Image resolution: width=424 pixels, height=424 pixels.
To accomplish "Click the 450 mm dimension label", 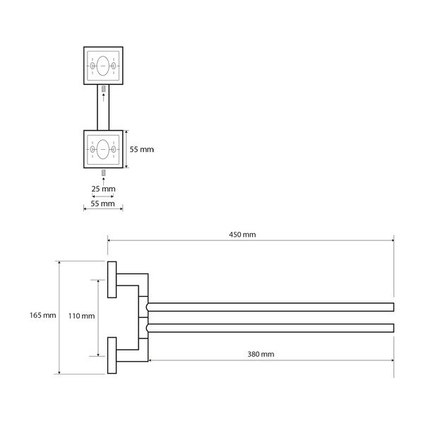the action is tap(242, 235).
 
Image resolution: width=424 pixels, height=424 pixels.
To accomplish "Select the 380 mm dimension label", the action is tap(261, 354).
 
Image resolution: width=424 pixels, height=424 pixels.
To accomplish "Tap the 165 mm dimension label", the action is tap(42, 315).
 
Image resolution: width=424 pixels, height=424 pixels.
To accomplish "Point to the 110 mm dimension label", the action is tap(81, 316).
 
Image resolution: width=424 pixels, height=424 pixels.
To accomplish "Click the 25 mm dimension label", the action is tap(103, 189).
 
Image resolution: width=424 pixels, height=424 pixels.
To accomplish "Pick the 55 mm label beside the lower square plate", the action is tap(141, 149).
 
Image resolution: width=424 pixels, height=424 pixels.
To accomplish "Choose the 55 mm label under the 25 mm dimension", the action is tap(102, 204).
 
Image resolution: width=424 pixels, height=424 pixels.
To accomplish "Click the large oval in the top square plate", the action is tap(103, 66).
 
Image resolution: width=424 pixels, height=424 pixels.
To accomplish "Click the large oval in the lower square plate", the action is tap(103, 149).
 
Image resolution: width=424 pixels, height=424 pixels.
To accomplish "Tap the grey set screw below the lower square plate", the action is tap(103, 173).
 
